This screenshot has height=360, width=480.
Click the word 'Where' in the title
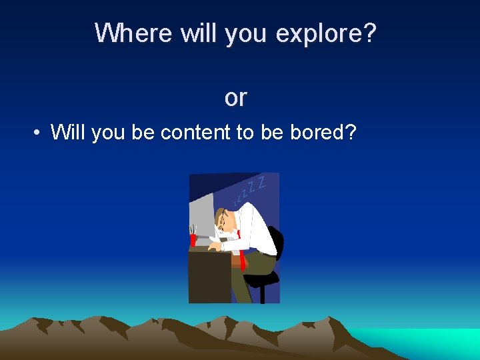134,33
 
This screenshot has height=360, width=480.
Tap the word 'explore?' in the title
325,33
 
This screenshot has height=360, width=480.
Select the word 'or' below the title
235,98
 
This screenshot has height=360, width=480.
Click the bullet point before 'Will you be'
38,133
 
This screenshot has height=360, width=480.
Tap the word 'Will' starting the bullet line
69,133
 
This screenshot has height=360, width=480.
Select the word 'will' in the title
198,33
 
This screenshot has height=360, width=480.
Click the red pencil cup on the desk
193,239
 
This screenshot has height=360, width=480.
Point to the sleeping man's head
227,221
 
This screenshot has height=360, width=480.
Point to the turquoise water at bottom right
427,341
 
